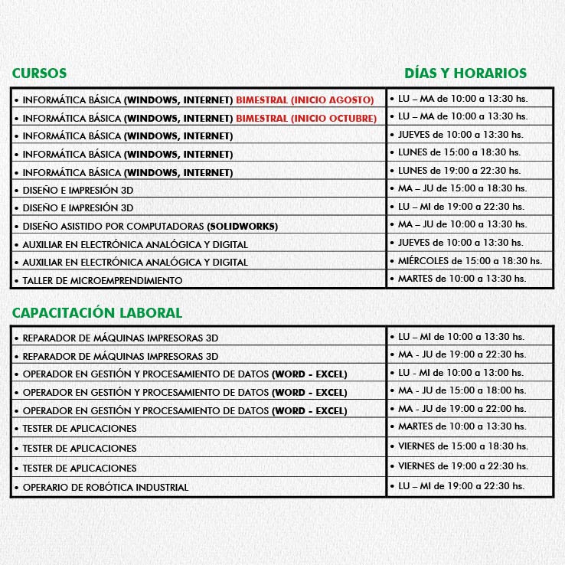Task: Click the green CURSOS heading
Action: point(39,73)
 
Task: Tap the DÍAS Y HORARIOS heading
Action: point(465,73)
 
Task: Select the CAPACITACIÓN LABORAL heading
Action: point(96,312)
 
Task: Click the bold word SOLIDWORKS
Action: point(242,227)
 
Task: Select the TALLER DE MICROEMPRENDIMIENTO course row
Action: point(103,281)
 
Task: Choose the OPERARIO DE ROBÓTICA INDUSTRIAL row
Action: point(105,487)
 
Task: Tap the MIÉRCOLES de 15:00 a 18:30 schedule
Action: point(469,260)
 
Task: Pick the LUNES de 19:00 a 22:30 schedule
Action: point(459,170)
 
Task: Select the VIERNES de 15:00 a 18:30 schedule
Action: point(462,446)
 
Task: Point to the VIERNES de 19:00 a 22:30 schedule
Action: point(462,465)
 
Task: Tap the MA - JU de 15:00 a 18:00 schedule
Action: point(462,390)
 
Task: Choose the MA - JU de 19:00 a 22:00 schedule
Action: point(462,409)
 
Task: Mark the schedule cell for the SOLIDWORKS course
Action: point(462,224)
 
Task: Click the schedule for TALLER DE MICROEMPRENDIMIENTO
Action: point(462,279)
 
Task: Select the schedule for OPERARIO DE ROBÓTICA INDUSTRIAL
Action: point(461,485)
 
